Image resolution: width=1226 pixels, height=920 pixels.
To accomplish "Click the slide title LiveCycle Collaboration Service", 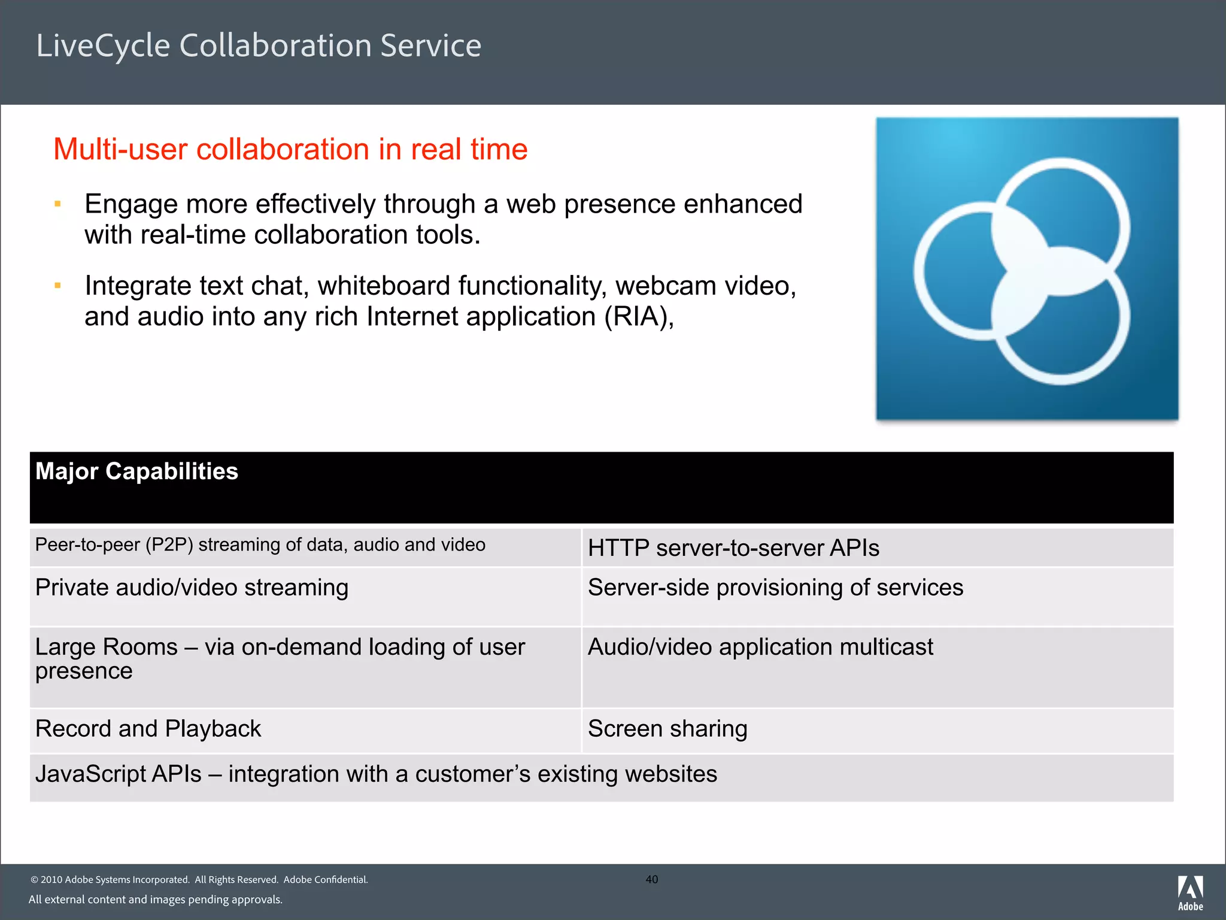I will pos(259,46).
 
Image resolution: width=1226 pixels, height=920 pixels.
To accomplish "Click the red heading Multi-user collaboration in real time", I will pos(290,149).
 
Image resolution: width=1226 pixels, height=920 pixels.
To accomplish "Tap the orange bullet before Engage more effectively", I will pos(58,204).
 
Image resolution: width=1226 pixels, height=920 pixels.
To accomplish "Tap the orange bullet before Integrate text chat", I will pos(58,286).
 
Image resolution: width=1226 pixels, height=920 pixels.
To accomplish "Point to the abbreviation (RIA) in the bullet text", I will pos(638,316).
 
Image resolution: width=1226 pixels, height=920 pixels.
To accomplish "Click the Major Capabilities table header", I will pos(136,471).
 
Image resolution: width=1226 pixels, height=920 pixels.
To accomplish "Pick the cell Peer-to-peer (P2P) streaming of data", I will pos(260,545).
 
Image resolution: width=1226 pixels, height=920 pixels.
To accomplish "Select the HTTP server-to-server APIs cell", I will pos(733,548).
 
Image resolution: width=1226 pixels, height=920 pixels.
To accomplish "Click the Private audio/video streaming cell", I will pos(192,588).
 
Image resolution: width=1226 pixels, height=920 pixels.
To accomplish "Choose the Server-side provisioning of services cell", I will pos(775,588).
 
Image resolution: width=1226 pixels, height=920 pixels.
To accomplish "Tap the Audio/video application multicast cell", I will pos(760,647).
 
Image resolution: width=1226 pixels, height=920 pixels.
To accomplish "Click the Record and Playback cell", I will pos(148,729).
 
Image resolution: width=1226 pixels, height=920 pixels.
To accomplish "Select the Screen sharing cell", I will pos(667,729).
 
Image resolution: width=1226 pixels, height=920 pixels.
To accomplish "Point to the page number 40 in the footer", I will pos(652,879).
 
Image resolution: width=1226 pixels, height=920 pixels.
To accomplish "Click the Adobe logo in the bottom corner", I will pos(1190,892).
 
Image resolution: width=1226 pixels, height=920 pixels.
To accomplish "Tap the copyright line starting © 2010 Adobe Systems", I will pos(199,879).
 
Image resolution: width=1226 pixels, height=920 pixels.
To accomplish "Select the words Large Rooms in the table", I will pos(106,647).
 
